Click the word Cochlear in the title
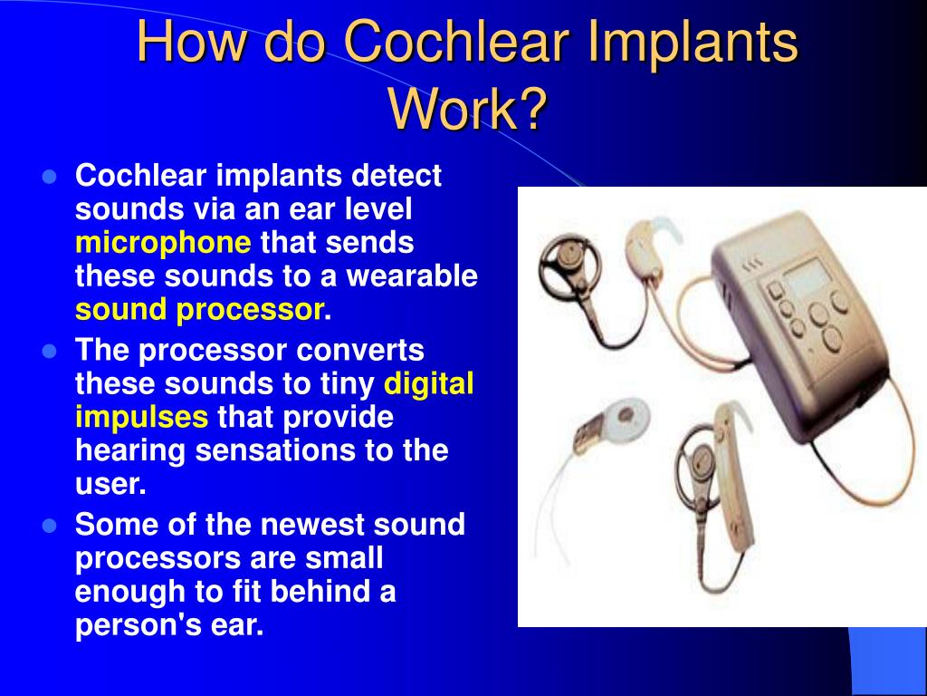(x=456, y=42)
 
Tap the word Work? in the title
(x=466, y=110)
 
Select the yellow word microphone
(x=163, y=243)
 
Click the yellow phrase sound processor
(x=200, y=310)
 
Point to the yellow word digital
(x=428, y=383)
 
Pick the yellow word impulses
(x=141, y=417)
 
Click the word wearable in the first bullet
(x=412, y=275)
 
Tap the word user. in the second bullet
(x=110, y=484)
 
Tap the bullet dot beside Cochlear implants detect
(x=51, y=177)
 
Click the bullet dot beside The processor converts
(x=51, y=352)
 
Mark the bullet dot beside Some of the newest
(x=51, y=526)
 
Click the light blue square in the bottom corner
(x=887, y=662)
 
